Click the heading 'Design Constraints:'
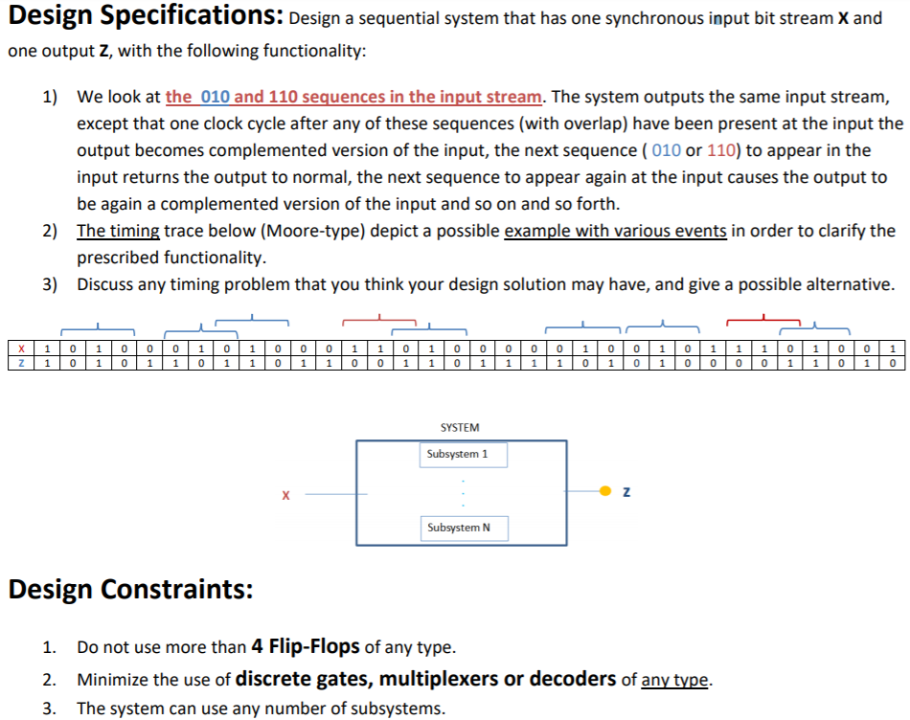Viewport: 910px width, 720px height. point(130,589)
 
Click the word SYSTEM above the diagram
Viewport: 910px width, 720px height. point(460,427)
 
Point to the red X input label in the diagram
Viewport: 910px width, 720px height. point(285,495)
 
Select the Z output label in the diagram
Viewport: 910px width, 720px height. point(626,493)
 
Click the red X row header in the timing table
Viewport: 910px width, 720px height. point(20,349)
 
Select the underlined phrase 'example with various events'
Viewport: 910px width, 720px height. point(615,231)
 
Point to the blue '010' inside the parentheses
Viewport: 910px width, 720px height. point(666,150)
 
